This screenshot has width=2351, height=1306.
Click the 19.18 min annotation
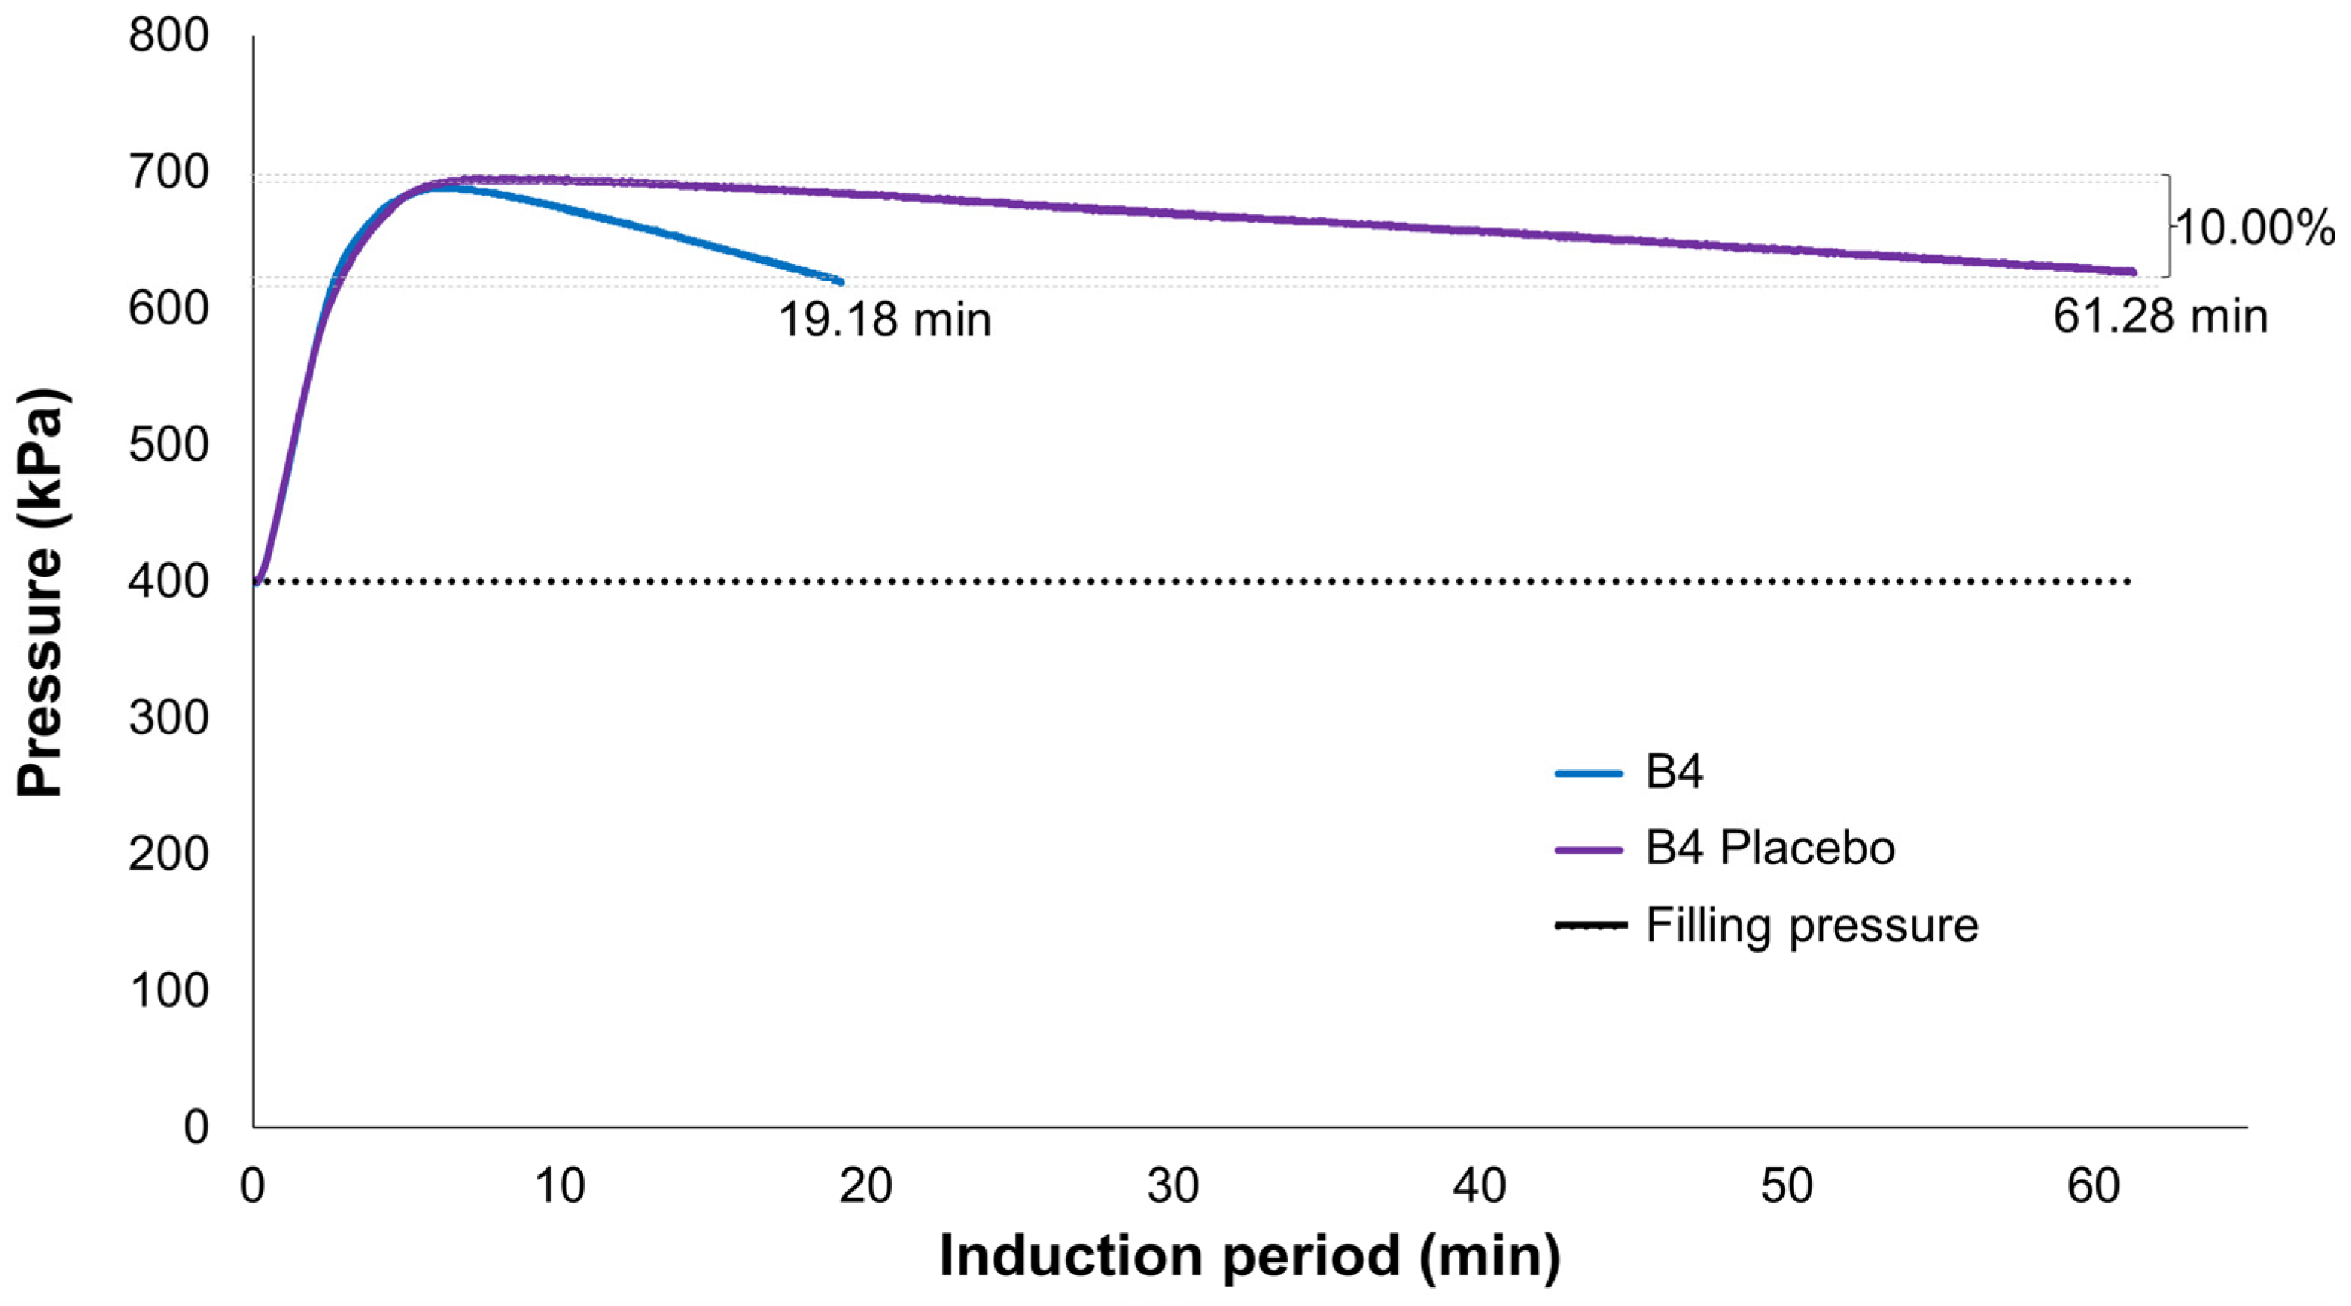pos(884,320)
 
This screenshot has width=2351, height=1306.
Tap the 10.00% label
pos(2255,228)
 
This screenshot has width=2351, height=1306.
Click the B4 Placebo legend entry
pos(1770,848)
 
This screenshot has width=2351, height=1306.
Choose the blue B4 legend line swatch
pos(1589,773)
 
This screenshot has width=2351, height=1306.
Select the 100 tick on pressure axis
pos(169,991)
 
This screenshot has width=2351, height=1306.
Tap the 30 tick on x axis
pos(1173,1186)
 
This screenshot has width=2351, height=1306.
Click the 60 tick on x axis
pos(2093,1186)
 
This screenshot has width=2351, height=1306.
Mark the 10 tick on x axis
pos(560,1186)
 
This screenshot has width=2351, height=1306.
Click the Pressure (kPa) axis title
pos(40,593)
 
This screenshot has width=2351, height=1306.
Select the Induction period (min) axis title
pos(1250,1257)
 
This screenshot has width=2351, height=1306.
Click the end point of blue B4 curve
pos(840,282)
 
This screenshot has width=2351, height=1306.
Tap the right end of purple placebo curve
pos(2133,272)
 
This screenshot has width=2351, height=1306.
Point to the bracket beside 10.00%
pos(2168,225)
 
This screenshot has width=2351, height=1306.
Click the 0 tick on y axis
pos(195,1128)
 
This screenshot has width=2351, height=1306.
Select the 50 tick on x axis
pos(1786,1186)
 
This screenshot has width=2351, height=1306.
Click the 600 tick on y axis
pos(169,310)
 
